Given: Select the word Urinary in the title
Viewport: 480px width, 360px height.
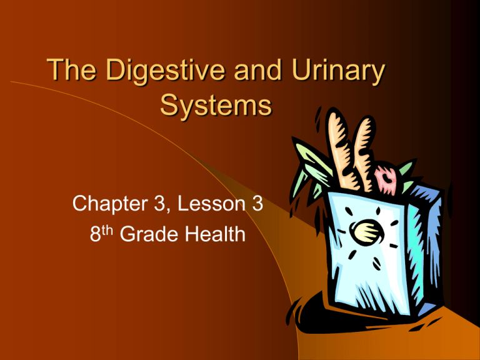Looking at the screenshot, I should point(334,77).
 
